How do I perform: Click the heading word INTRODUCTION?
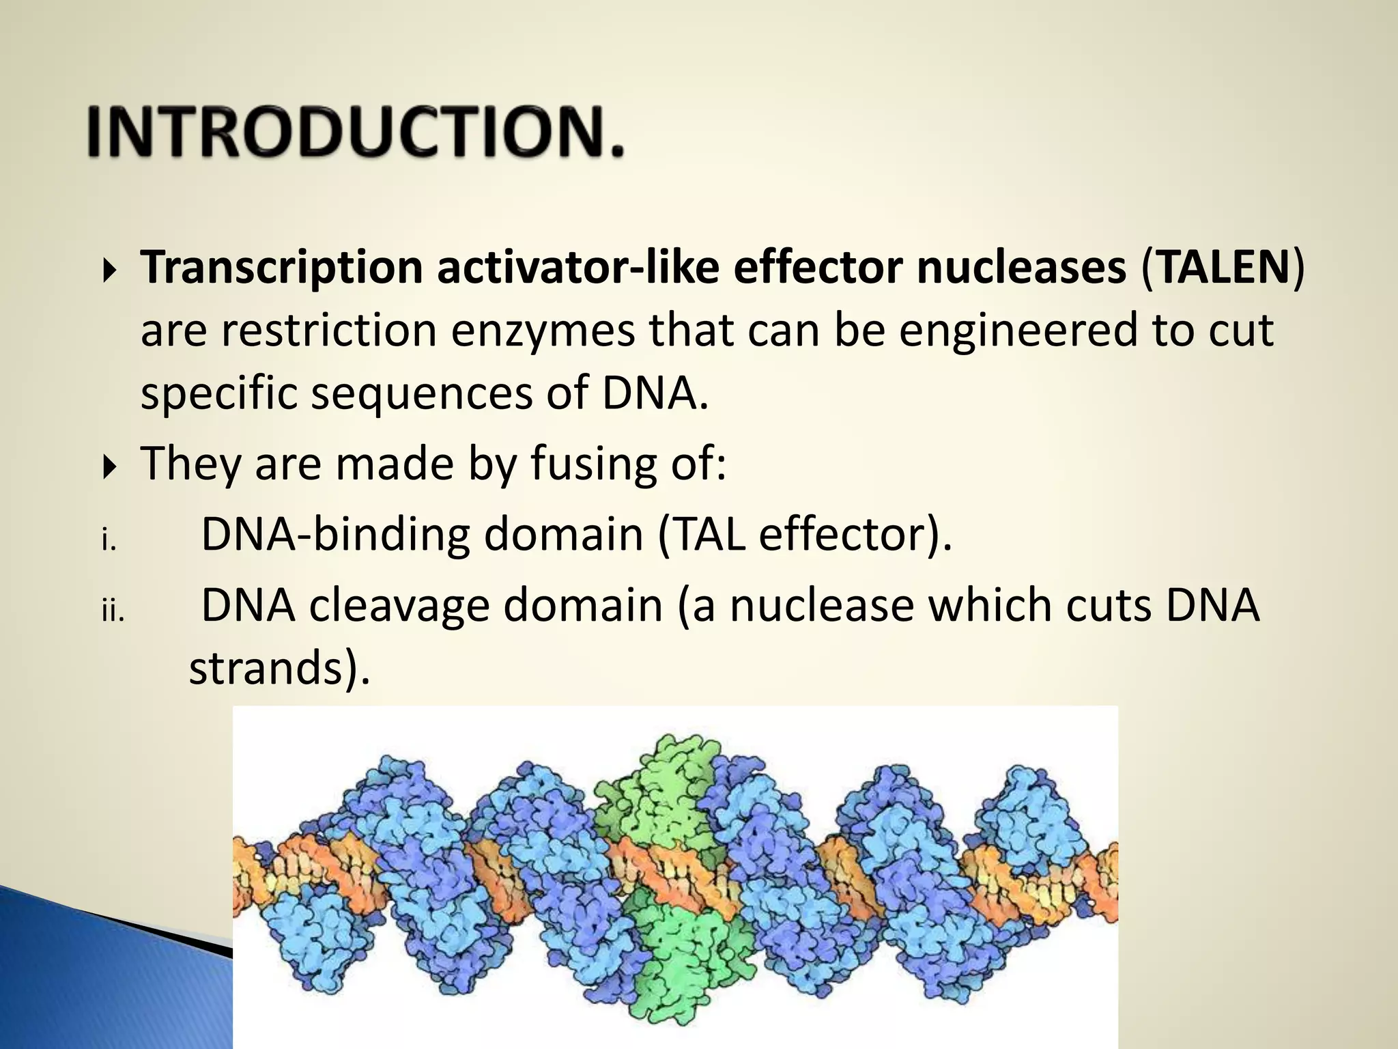click(355, 131)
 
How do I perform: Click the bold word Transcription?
click(281, 267)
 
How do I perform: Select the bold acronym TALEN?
click(1223, 267)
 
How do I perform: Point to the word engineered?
click(1018, 330)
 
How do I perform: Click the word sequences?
click(421, 394)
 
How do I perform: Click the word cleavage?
click(399, 606)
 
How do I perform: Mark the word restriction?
click(328, 330)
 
